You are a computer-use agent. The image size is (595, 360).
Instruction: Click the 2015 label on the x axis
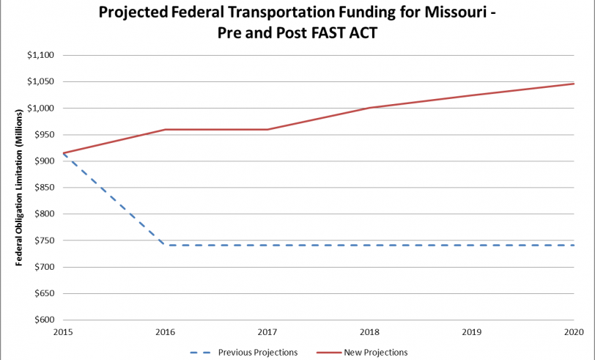64,332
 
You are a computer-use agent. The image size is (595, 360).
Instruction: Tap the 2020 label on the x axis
574,332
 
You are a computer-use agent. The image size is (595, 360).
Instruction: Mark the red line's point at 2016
166,130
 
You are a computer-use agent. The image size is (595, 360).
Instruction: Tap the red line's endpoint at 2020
574,84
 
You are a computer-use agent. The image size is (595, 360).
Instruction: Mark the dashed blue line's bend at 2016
166,245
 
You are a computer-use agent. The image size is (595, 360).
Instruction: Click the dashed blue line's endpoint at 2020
574,245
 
